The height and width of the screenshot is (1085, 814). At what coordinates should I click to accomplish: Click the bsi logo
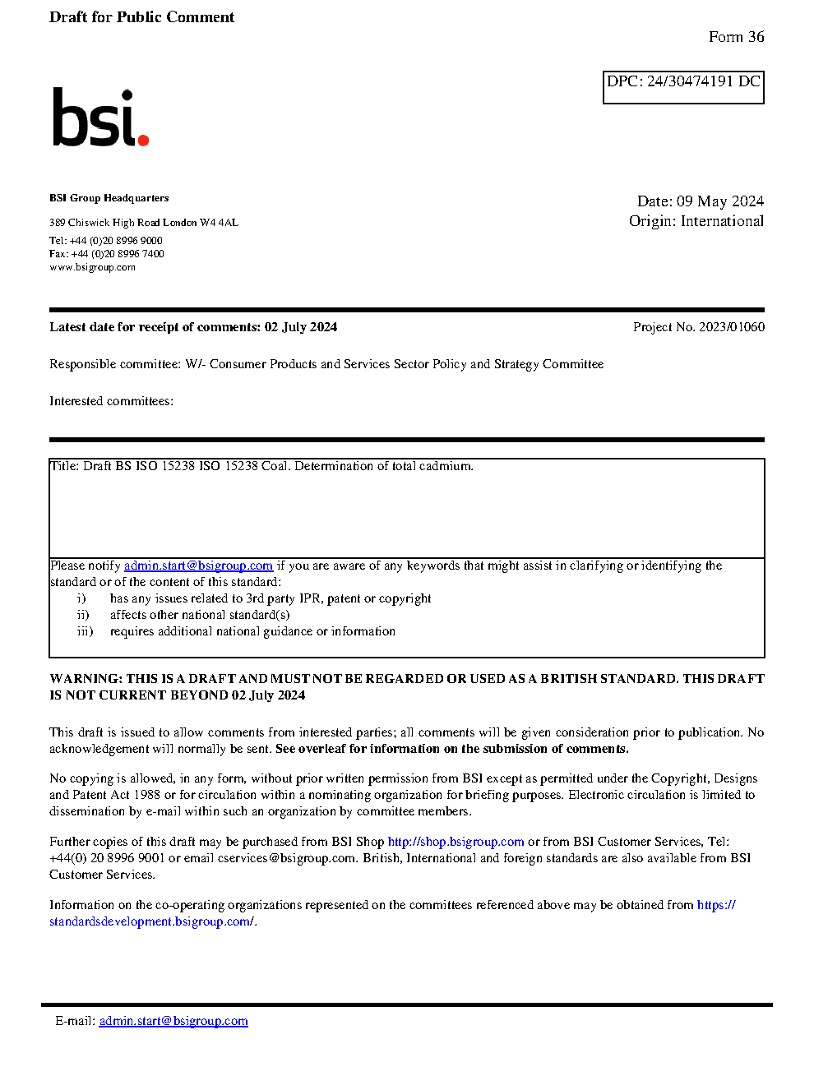[x=99, y=118]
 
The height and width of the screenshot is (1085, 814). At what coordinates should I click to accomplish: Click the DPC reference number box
[x=683, y=87]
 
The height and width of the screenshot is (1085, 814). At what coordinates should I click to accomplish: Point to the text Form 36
[x=736, y=37]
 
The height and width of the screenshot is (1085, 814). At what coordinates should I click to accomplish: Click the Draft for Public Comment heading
[x=141, y=17]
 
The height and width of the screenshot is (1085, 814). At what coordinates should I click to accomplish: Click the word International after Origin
[x=722, y=221]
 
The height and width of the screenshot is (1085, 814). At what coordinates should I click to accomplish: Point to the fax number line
[x=107, y=254]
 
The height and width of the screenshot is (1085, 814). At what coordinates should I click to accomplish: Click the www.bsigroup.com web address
[x=92, y=267]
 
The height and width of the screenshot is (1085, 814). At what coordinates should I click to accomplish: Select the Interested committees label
[x=111, y=401]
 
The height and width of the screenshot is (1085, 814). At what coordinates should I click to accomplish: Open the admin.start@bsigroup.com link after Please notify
[x=198, y=566]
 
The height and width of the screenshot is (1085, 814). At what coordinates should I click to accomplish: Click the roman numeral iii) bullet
[x=85, y=631]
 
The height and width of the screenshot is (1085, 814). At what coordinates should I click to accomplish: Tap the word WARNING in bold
[x=86, y=679]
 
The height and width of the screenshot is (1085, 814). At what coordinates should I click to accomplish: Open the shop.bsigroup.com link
[x=456, y=842]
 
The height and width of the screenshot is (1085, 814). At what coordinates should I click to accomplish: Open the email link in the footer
[x=173, y=1021]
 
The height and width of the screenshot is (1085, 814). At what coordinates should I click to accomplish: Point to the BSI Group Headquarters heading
[x=109, y=198]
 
